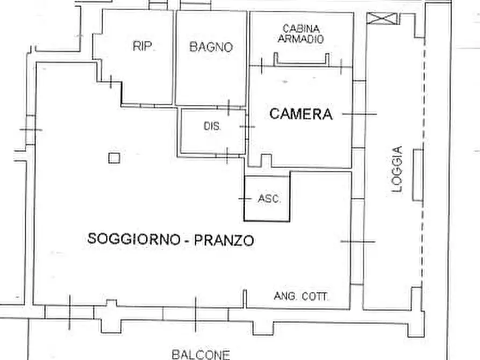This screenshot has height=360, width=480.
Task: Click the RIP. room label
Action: [x=144, y=47]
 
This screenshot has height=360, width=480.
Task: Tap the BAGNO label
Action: [x=211, y=47]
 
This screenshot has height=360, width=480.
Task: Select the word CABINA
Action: [x=302, y=28]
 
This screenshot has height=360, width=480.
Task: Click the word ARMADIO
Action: [x=302, y=39]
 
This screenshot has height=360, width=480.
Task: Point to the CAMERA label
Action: [x=300, y=114]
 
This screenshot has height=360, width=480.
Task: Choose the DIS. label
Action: [x=212, y=127]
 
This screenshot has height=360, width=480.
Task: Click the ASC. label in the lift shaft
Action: [x=269, y=199]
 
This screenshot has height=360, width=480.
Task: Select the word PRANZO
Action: [x=223, y=240]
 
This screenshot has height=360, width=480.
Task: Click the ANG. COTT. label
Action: [x=302, y=296]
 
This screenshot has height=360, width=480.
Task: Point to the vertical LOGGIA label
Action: [x=397, y=169]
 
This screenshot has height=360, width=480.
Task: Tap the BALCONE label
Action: [x=200, y=354]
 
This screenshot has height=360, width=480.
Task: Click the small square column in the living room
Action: [x=113, y=157]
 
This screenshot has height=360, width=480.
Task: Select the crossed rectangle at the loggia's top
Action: [x=383, y=19]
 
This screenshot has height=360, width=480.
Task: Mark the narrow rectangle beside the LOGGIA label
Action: [x=418, y=175]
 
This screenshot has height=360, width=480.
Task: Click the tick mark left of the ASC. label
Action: [x=245, y=199]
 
